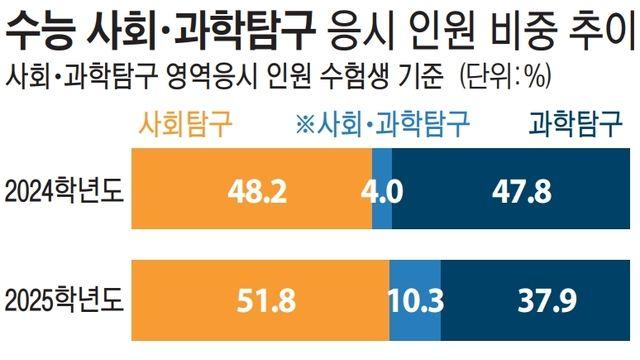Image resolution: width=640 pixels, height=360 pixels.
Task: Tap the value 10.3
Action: point(414,299)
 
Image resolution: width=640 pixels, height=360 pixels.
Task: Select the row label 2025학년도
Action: point(65,298)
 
